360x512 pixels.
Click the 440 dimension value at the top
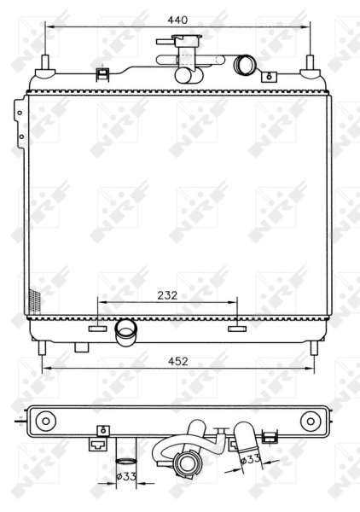coord(177,17)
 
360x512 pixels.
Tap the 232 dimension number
coord(166,295)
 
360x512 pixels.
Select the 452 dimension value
coord(178,361)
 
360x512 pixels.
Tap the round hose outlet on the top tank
coord(246,64)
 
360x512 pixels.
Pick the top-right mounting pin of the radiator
coord(311,66)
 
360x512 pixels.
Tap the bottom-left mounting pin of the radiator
coord(43,348)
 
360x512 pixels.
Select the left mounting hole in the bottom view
coord(46,420)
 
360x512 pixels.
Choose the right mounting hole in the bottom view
coord(311,421)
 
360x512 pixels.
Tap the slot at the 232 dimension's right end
coord(236,327)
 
